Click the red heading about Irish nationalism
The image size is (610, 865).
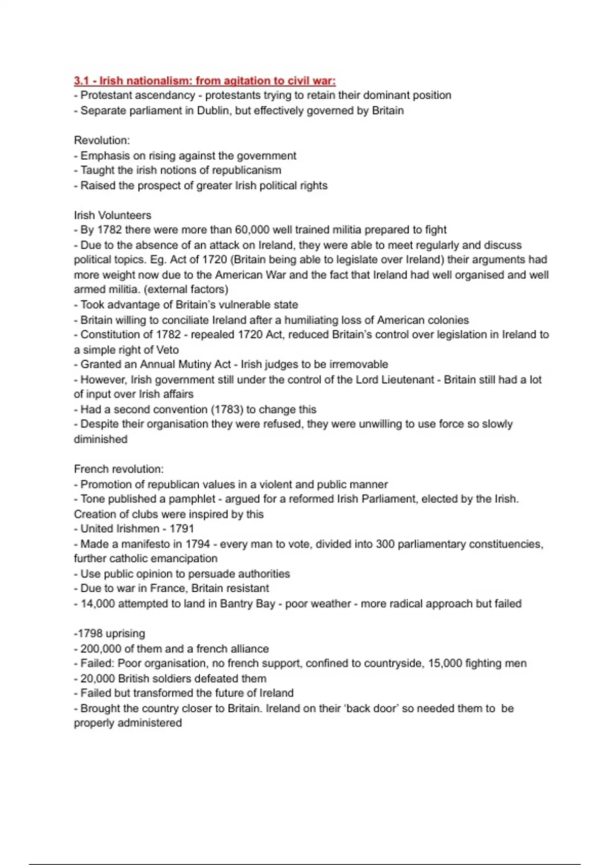point(204,80)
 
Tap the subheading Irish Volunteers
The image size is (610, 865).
point(112,215)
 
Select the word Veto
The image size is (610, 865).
point(167,350)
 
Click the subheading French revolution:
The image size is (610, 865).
point(118,469)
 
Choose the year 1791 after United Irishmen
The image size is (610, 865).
point(181,529)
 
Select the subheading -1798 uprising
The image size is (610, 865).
point(109,633)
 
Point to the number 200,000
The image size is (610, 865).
point(104,649)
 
